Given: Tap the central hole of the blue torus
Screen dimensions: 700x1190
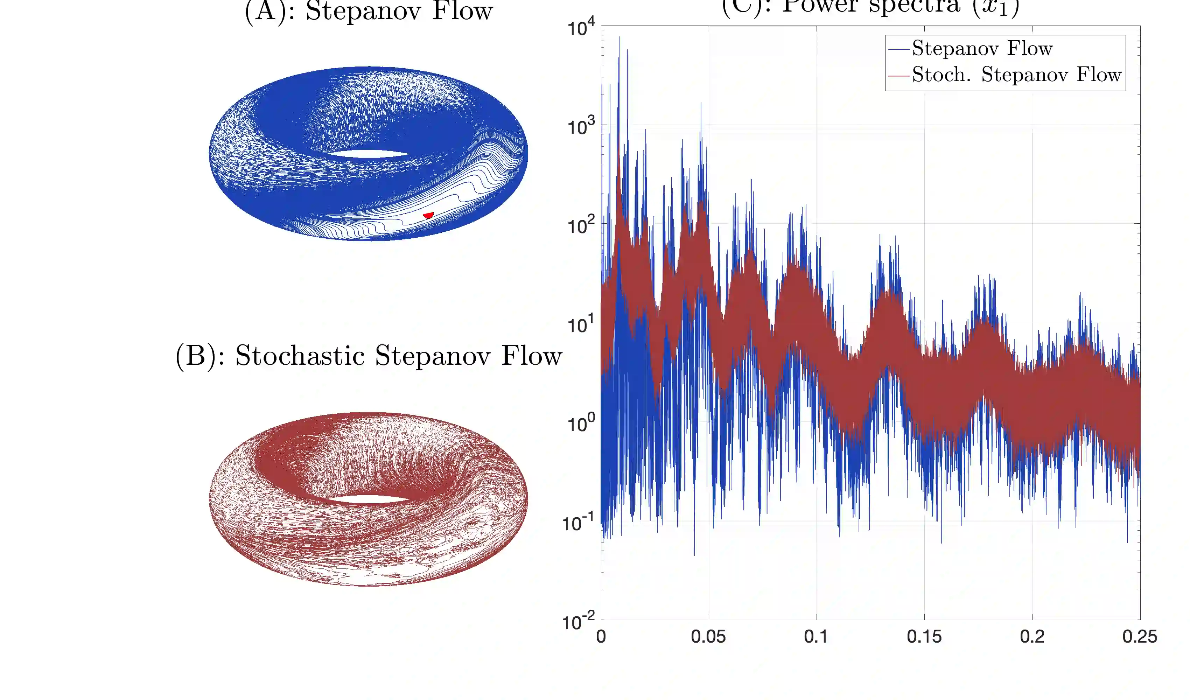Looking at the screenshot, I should tap(368, 154).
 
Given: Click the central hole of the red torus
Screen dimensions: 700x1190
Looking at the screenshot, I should tap(368, 499).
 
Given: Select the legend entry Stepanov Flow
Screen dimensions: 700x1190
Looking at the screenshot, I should tap(982, 48).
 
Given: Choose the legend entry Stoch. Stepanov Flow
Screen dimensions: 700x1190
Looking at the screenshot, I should tap(1016, 75).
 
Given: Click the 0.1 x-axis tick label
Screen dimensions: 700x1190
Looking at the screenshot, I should tap(816, 637).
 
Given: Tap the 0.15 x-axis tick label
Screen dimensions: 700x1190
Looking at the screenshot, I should tap(924, 637).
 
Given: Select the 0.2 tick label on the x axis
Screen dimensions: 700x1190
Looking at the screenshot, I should tap(1032, 637).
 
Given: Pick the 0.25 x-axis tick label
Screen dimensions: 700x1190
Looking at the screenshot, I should tap(1140, 637).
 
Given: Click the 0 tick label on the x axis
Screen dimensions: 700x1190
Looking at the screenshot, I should tap(601, 637).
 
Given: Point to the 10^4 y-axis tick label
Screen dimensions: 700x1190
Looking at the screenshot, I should tap(581, 27).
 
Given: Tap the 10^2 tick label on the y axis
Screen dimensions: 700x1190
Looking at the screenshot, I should tap(581, 225).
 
